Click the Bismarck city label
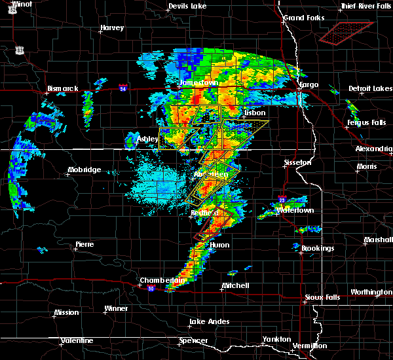pos(63,88)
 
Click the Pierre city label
pos(84,244)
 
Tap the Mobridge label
pos(84,170)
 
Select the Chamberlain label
pos(158,280)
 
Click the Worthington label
pos(371,292)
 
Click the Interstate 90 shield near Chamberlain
pos(151,289)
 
